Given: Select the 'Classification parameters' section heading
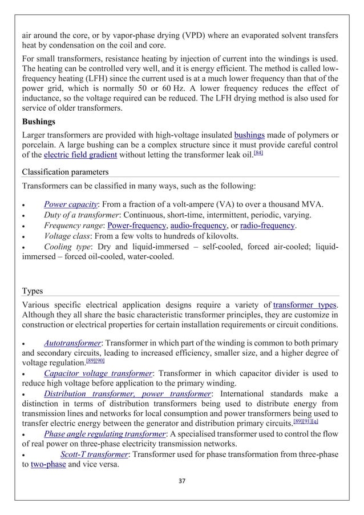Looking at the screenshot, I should point(65,172).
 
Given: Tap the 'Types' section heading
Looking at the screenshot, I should point(33,291).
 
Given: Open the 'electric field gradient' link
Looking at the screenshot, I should point(80,155).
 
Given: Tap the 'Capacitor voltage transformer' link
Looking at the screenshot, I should point(98,373).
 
